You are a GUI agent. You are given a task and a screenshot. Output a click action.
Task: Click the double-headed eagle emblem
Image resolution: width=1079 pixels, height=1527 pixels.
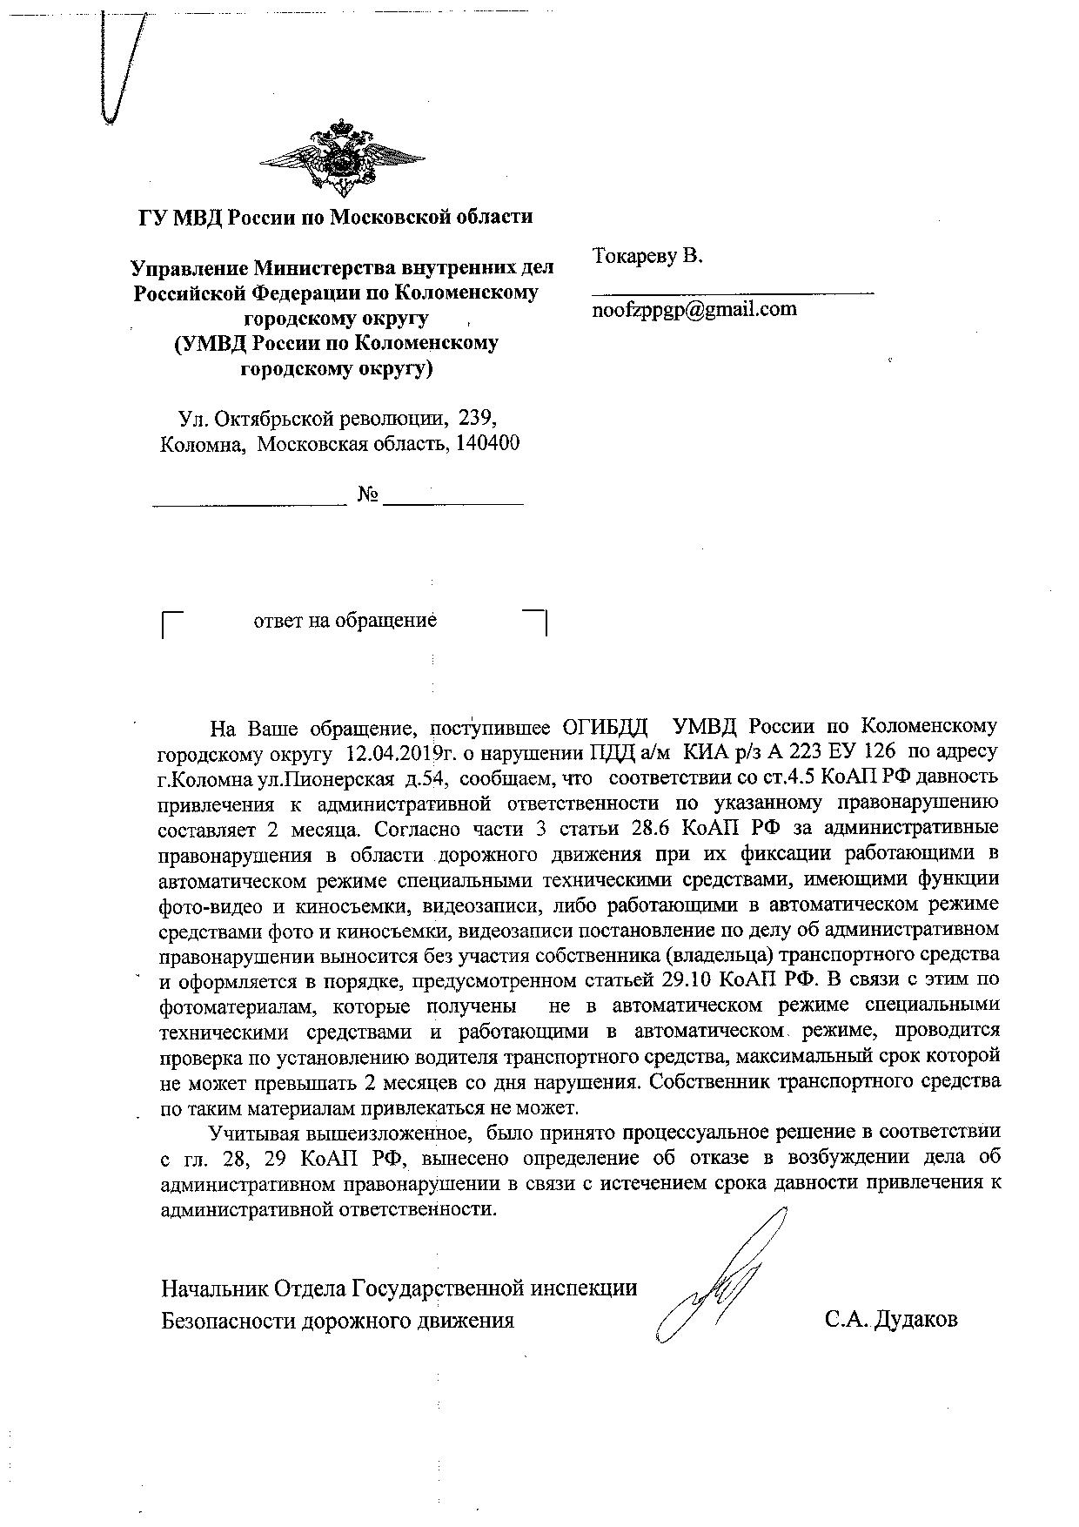[x=342, y=161]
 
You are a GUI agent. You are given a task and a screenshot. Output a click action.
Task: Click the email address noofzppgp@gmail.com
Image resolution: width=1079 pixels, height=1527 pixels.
[x=694, y=309]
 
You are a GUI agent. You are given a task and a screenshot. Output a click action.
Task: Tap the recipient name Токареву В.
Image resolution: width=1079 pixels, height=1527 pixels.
[x=648, y=256]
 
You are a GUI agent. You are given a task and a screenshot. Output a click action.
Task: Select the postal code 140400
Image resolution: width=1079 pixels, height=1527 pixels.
[x=486, y=443]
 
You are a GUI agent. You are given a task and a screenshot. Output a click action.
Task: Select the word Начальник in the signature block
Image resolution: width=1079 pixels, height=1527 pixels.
[x=213, y=1288]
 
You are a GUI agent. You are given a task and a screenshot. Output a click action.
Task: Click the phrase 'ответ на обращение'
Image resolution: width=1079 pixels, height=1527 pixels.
[x=345, y=621]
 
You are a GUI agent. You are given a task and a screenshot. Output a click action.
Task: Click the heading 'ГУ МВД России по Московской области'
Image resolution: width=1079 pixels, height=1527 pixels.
[x=336, y=217]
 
